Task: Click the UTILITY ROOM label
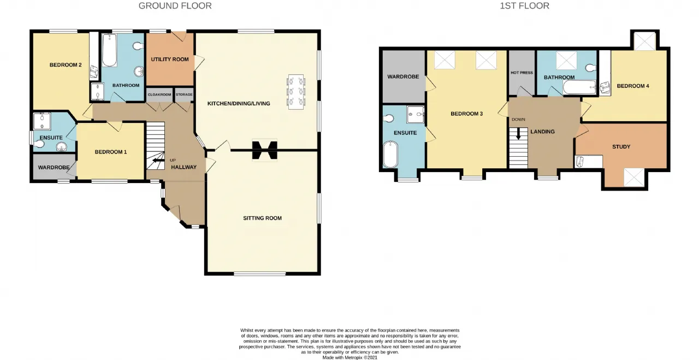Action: [x=170, y=60]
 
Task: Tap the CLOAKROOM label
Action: [x=159, y=95]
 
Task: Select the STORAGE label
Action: [x=184, y=95]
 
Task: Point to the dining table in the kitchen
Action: [x=295, y=92]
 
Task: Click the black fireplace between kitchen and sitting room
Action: [x=265, y=150]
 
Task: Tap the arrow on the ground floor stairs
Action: [x=158, y=161]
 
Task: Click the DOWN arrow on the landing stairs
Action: [x=518, y=134]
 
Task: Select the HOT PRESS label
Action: [x=522, y=73]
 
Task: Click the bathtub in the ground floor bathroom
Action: [x=110, y=50]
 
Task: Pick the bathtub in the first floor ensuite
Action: [x=390, y=155]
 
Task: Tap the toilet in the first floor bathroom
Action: [x=591, y=68]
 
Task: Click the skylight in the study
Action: [x=634, y=178]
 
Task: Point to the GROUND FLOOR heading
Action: [x=175, y=6]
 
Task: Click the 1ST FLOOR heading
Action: [x=525, y=6]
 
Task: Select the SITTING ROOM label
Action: [x=263, y=219]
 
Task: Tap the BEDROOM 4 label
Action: [x=633, y=86]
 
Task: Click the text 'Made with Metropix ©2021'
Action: [x=350, y=357]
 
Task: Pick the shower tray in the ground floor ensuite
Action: [x=42, y=121]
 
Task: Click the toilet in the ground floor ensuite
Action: [x=38, y=144]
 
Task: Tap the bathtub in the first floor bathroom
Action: [x=580, y=87]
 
